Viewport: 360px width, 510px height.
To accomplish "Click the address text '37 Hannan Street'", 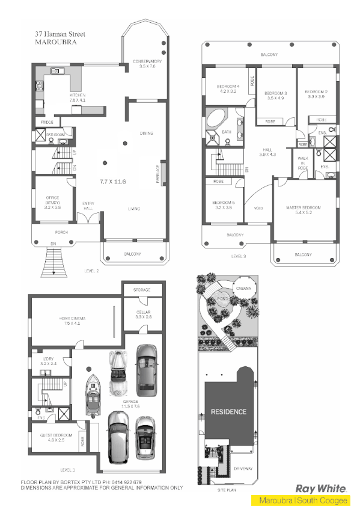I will (60, 35).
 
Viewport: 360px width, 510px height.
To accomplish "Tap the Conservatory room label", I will (147, 61).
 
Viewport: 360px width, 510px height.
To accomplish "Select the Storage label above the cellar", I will (142, 290).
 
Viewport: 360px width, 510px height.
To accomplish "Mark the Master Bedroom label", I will (304, 208).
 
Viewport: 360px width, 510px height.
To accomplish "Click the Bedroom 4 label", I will (228, 87).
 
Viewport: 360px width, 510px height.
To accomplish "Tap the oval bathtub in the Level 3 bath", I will (215, 120).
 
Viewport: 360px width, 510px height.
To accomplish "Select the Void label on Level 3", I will (258, 209).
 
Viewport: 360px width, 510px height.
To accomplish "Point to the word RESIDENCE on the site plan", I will (228, 412).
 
